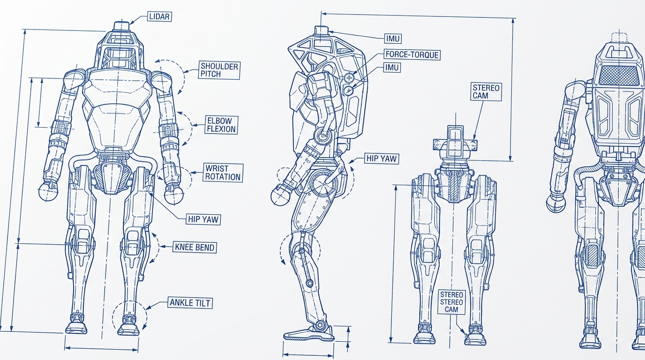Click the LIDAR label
159,16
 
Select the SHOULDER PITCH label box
219,70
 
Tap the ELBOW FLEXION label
221,125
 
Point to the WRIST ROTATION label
223,172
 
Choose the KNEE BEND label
195,247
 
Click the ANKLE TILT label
190,303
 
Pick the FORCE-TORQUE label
412,54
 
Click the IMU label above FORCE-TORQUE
393,38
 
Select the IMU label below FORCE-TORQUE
392,67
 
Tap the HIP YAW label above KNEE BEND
203,219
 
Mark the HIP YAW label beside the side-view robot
382,158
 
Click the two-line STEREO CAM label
486,91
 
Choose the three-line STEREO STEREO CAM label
451,302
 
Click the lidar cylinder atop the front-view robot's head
121,25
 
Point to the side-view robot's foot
309,334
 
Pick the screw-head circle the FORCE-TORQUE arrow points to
349,77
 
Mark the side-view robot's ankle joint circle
318,325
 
